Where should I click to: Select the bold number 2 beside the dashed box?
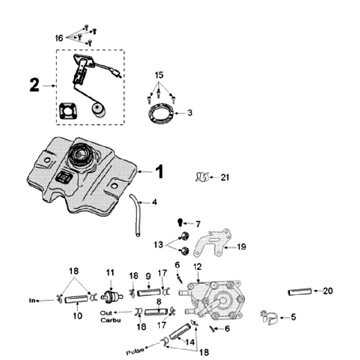[34, 85]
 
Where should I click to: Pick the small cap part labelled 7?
[179, 221]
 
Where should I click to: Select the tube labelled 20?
[300, 291]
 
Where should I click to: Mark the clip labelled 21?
[201, 177]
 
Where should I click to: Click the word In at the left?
[33, 300]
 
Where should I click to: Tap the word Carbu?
[107, 319]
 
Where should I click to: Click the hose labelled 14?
[180, 332]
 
